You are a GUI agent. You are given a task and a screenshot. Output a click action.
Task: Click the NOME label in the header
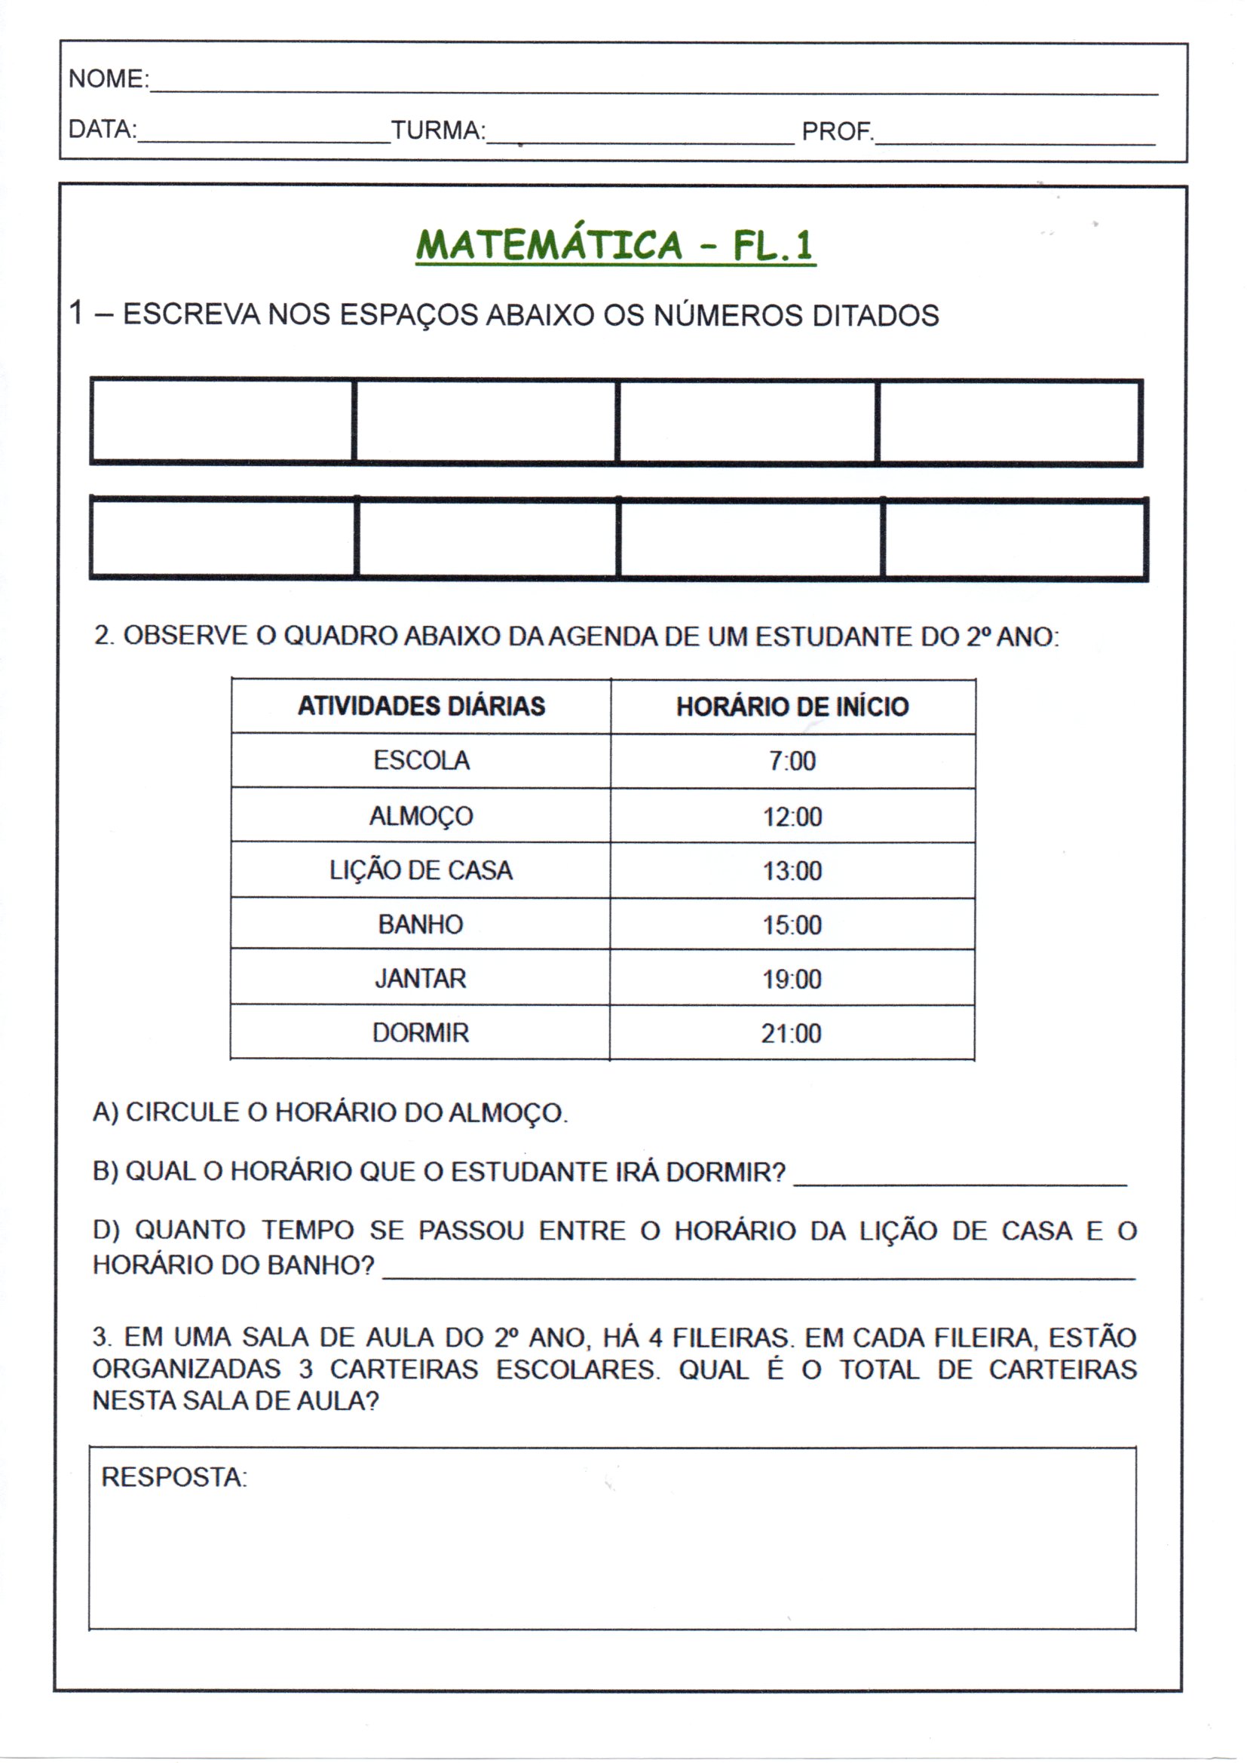(x=108, y=78)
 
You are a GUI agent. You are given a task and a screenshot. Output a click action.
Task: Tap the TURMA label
(x=438, y=130)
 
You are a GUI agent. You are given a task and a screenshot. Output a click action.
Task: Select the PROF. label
(x=837, y=131)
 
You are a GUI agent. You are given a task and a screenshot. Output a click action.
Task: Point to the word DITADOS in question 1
(x=875, y=316)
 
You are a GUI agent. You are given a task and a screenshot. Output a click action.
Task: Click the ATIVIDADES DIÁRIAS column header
(x=421, y=706)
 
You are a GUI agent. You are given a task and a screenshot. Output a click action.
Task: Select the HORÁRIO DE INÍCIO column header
(x=792, y=707)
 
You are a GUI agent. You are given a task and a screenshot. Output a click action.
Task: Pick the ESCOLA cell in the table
(x=421, y=760)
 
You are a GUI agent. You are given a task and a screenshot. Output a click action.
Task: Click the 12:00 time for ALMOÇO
(x=792, y=816)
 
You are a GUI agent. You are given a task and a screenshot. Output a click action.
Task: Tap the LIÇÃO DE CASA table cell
(x=421, y=870)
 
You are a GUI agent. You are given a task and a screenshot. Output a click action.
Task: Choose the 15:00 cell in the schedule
(x=792, y=924)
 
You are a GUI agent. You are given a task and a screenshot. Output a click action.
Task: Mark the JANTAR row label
(x=421, y=978)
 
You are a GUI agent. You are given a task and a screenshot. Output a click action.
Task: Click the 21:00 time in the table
(x=792, y=1034)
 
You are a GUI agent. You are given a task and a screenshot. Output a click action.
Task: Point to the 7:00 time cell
(x=792, y=761)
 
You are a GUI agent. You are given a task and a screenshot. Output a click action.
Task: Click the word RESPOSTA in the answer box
(x=173, y=1476)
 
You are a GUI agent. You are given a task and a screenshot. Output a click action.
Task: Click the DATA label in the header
(x=102, y=129)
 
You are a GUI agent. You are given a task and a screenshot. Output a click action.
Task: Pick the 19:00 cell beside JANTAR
(x=792, y=979)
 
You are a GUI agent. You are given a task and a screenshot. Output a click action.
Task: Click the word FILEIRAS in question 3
(x=733, y=1338)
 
